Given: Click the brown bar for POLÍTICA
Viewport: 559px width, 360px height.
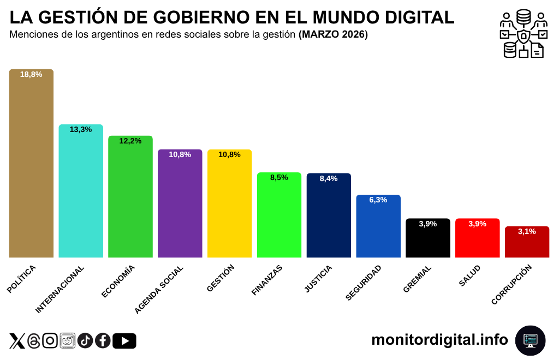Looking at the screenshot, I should point(31,164).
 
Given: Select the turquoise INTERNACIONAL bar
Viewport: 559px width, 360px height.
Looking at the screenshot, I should point(81,191).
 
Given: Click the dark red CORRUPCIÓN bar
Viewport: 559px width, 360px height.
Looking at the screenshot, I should point(527,242).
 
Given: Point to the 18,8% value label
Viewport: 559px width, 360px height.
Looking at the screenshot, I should point(31,74).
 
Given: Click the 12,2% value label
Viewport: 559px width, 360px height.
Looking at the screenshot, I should point(130,141).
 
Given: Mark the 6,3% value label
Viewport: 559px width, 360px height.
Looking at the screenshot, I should point(378,200).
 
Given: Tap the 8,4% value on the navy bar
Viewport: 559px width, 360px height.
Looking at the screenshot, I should point(329,178).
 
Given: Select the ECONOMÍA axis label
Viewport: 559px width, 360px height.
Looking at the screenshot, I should point(118,281).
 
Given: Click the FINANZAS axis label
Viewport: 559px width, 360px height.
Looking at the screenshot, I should point(267,280).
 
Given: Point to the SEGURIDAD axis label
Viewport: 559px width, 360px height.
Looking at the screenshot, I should point(364,283).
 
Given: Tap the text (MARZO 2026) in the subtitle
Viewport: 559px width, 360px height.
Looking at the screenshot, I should point(333,35).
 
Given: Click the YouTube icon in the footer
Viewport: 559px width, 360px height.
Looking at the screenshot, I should point(124,341).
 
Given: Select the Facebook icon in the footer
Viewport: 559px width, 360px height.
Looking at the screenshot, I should point(103,341).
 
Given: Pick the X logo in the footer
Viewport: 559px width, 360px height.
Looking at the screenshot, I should point(17,341).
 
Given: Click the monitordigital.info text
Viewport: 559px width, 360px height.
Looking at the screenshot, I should point(439,340).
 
